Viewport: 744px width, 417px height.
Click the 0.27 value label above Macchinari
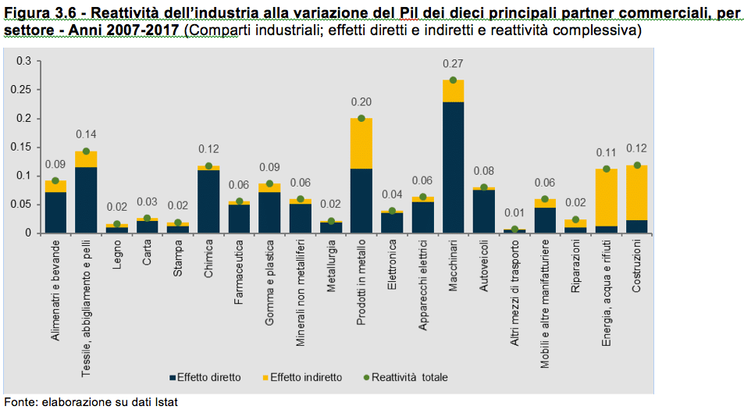[453, 64]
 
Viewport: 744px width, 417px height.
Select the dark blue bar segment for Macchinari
[453, 167]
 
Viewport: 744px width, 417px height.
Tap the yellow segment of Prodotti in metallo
[361, 143]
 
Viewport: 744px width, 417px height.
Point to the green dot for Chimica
[208, 166]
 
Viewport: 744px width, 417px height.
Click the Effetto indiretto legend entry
[301, 377]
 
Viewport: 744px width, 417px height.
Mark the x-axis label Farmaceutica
[239, 270]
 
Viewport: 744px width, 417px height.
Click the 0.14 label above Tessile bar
[85, 134]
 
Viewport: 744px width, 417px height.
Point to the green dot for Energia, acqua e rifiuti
[607, 169]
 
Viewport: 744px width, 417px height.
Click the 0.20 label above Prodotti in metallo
[361, 102]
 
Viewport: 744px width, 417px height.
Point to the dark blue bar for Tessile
[85, 200]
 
